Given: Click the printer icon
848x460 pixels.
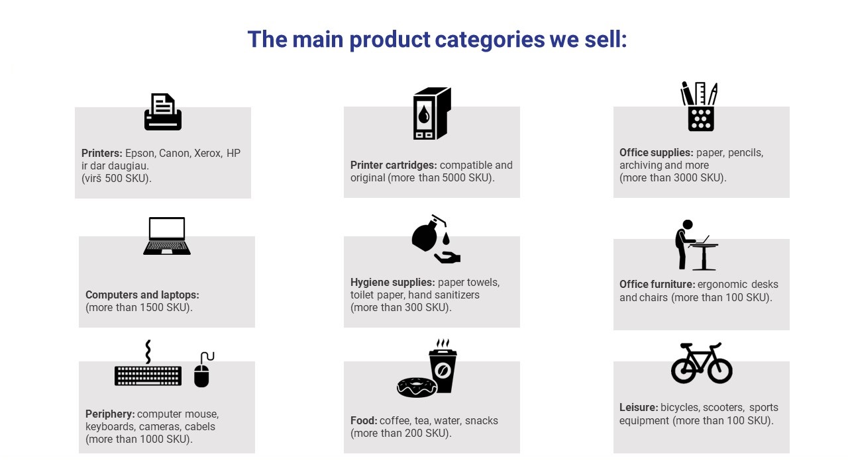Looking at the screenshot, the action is [x=163, y=112].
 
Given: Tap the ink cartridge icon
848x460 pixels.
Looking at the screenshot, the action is [x=432, y=113].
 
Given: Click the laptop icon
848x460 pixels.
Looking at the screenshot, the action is [x=167, y=236].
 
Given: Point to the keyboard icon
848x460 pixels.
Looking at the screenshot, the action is [x=148, y=376].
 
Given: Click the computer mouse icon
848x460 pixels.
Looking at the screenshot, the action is [x=202, y=376].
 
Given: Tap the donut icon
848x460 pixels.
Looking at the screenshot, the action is [x=417, y=387].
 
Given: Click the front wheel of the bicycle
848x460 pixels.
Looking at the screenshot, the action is [x=719, y=371].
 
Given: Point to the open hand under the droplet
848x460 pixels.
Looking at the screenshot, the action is [x=447, y=257].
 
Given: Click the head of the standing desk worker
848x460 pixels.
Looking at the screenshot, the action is [x=687, y=224].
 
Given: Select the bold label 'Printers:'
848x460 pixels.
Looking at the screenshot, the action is [x=102, y=153].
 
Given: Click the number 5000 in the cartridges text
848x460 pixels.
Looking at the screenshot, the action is [x=454, y=178].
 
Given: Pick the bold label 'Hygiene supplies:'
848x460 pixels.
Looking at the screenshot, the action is [x=393, y=283].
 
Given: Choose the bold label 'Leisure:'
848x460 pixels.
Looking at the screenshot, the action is [x=639, y=408].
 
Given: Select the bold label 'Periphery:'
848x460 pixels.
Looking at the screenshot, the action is [x=110, y=414].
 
